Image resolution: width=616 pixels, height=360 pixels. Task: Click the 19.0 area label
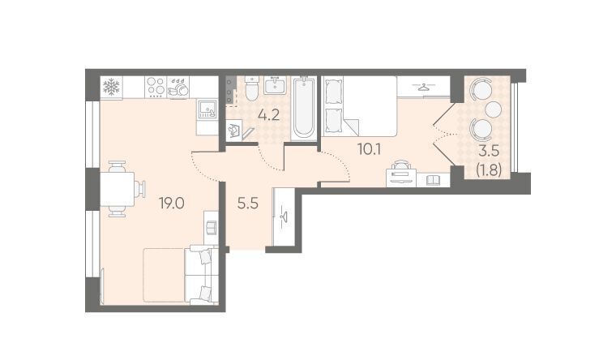click(172, 204)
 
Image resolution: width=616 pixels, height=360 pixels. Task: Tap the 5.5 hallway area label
click(248, 204)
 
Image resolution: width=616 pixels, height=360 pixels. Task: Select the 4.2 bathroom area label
click(269, 115)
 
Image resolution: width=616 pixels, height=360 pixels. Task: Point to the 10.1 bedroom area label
click(370, 149)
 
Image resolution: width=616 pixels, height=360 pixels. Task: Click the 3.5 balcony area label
click(489, 151)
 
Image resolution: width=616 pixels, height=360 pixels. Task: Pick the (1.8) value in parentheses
click(489, 169)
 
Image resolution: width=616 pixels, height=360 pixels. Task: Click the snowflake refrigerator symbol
click(111, 87)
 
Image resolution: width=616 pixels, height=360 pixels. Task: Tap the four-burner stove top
click(155, 87)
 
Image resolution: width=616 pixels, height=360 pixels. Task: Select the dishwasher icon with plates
click(178, 87)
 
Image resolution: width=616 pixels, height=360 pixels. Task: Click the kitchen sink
click(207, 109)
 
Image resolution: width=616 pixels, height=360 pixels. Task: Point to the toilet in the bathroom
click(251, 89)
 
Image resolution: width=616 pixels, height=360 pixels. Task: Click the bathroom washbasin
click(276, 85)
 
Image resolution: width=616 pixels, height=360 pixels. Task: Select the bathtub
click(304, 108)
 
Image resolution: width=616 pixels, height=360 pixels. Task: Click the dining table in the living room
click(117, 189)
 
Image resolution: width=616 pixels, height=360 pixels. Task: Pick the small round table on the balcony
click(494, 109)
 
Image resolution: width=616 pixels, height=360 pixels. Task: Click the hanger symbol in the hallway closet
click(284, 216)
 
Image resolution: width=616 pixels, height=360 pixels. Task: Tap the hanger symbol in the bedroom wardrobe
click(423, 86)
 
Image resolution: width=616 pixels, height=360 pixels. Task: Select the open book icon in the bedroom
click(434, 180)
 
